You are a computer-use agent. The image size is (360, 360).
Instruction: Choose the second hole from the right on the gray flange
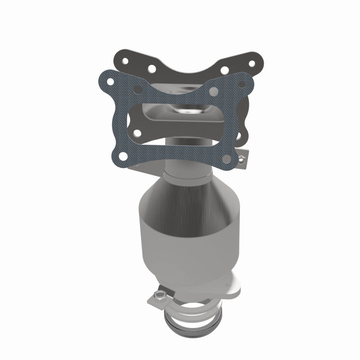pyautogui.click(x=225, y=70)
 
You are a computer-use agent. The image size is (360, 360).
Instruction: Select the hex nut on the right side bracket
pyautogui.click(x=242, y=158)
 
